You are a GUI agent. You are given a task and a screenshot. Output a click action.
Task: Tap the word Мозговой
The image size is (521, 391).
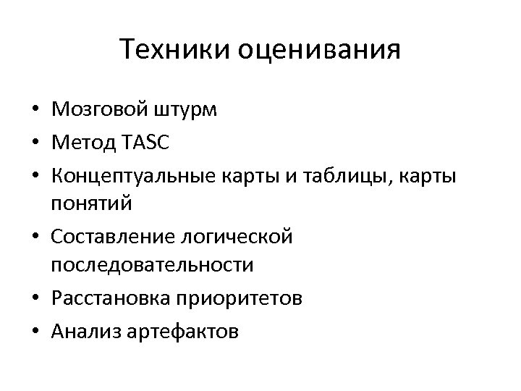[101, 110]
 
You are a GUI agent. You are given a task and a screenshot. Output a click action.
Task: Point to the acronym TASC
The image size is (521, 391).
[145, 143]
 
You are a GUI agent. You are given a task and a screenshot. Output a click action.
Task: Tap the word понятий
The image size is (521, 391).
[92, 203]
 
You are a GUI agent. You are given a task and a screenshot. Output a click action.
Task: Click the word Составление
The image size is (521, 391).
[117, 237]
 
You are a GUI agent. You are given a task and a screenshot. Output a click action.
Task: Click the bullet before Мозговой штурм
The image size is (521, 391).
[35, 111]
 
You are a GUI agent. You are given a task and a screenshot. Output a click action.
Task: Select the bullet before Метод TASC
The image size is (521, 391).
[35, 144]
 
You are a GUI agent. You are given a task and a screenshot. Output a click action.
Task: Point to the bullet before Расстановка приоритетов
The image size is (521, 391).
[35, 298]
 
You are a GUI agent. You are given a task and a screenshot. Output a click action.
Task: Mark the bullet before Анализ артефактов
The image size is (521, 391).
[35, 332]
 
